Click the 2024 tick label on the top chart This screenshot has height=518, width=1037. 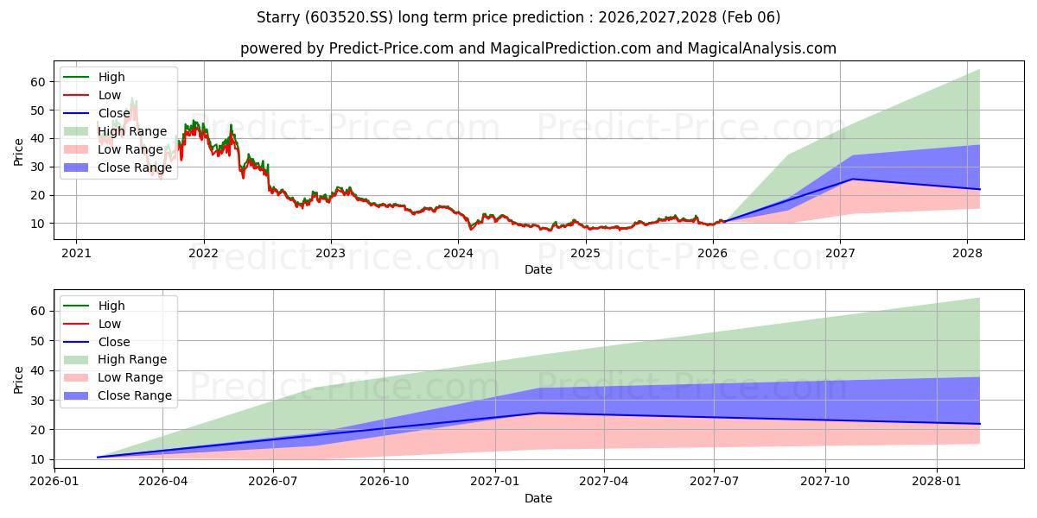point(458,253)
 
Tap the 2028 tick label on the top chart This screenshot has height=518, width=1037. point(967,253)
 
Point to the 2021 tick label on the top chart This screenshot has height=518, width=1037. point(76,253)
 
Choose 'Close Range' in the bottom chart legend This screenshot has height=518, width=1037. point(134,396)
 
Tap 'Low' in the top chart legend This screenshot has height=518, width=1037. point(110,95)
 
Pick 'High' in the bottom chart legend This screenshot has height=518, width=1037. point(111,306)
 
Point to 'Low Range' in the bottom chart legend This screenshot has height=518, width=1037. point(130,378)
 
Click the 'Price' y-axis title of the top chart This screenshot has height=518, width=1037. point(19,152)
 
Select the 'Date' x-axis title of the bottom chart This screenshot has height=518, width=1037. point(538,498)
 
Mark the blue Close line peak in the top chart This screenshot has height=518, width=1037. point(852,179)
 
